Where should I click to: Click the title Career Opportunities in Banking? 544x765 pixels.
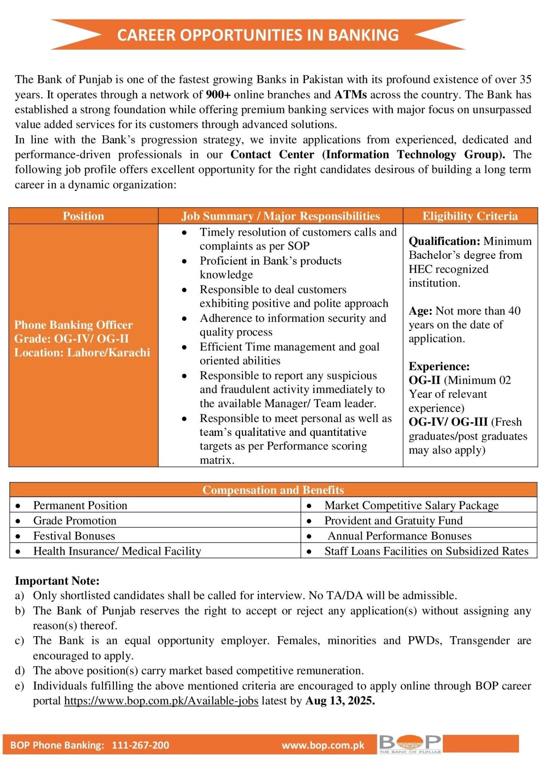coord(258,35)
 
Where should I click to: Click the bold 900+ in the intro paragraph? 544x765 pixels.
coord(218,95)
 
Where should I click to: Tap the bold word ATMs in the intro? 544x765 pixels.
coord(350,95)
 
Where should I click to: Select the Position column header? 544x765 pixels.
coord(83,216)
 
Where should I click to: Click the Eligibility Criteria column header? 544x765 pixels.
coord(470,216)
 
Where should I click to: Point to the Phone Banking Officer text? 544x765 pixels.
coord(74,325)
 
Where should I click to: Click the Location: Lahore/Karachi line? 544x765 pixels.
coord(82,352)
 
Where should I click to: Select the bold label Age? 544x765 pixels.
coord(420,311)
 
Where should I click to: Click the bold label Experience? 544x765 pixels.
coord(439,366)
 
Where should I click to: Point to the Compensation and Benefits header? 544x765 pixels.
coord(273,490)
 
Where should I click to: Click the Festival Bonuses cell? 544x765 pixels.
coord(74,536)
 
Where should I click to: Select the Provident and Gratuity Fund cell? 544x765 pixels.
coord(393,520)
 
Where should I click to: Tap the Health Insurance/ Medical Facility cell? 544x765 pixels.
coord(117,551)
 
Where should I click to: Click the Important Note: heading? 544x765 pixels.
coord(57,581)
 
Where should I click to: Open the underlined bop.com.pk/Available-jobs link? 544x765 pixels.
coord(161,701)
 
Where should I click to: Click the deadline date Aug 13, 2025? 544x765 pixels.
coord(340,701)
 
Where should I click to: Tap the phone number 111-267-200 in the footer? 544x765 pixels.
coord(140,745)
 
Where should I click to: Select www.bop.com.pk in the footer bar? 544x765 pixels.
coord(323,745)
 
